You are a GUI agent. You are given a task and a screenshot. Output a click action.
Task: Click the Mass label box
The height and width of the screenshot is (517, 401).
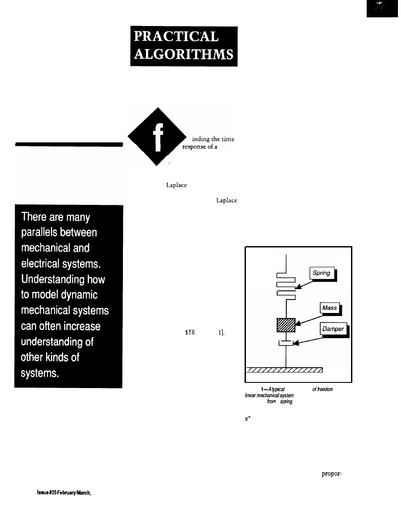pyautogui.click(x=330, y=308)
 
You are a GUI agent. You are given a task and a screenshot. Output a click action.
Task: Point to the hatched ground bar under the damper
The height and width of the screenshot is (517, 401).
pyautogui.click(x=284, y=370)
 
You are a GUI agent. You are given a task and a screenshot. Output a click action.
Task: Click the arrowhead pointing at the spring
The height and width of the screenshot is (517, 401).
pyautogui.click(x=298, y=286)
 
